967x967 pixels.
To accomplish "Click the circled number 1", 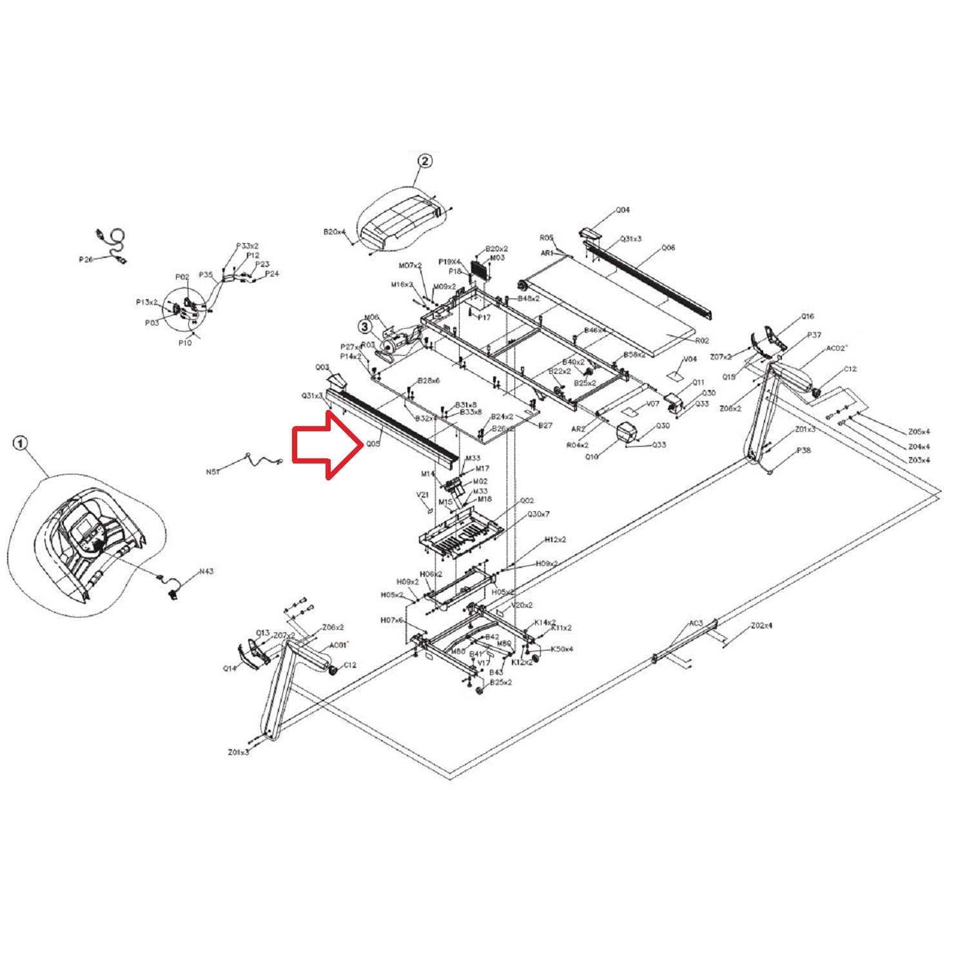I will coord(21,443).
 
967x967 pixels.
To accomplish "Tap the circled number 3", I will coord(366,327).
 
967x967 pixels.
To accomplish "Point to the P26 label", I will coord(86,260).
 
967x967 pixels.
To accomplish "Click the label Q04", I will coord(622,210).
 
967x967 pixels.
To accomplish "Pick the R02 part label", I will coord(701,340).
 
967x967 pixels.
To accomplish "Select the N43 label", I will coord(206,571).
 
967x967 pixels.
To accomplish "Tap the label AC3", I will coord(696,623).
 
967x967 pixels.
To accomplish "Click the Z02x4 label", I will coord(761,625).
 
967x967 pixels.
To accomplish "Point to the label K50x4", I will coord(562,649).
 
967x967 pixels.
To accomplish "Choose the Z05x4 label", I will coord(919,432).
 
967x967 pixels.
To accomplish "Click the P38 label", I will coord(803,451).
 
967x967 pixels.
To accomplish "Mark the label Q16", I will coord(807,317).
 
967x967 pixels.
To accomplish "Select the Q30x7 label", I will coord(538,514).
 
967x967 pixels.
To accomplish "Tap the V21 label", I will coord(422,495).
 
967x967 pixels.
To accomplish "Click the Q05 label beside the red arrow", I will coord(373,444).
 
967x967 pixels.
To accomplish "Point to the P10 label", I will coord(185,343).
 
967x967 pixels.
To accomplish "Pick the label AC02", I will coord(836,349).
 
